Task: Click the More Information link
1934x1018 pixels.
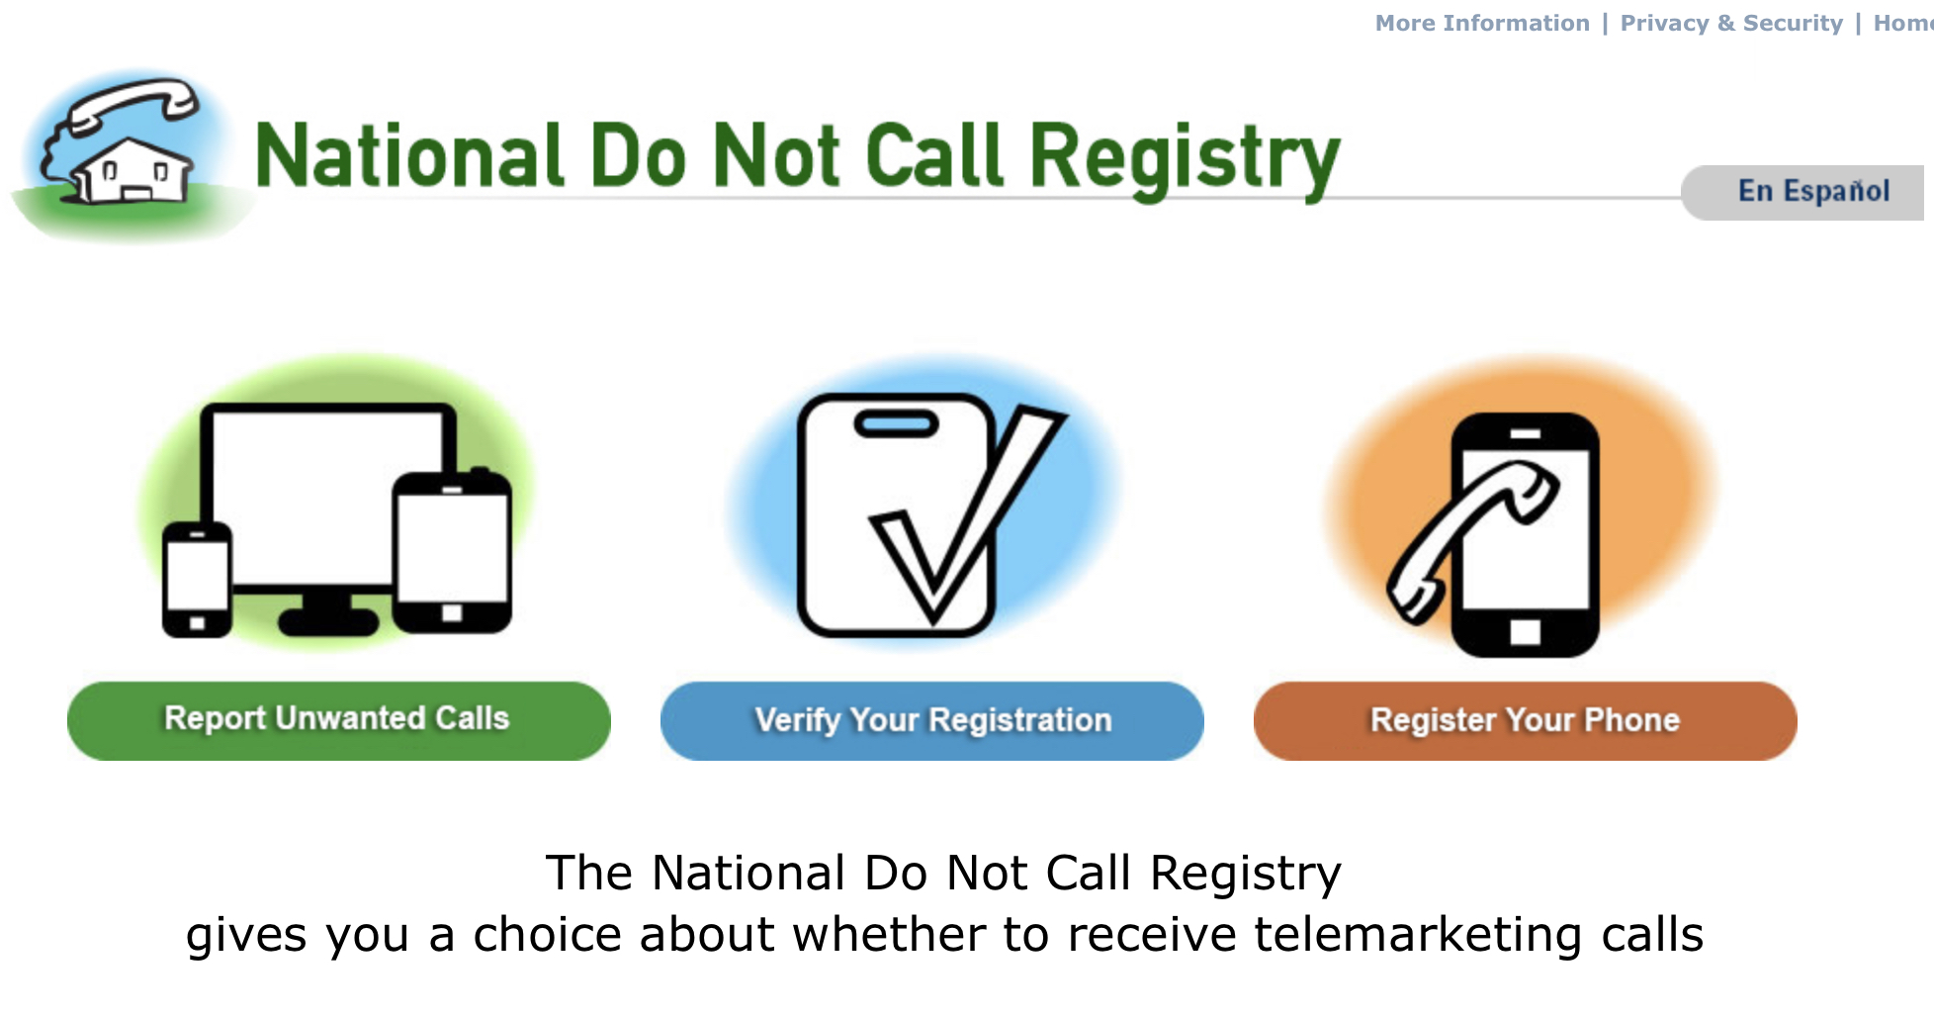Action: coord(1482,23)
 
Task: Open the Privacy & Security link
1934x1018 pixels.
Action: coord(1731,23)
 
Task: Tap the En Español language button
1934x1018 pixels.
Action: coord(1813,191)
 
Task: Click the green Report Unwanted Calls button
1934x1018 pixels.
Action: coord(339,720)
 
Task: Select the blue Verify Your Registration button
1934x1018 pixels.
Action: coord(932,720)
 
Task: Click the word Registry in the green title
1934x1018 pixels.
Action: coord(1185,158)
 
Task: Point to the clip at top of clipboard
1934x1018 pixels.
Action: coord(896,424)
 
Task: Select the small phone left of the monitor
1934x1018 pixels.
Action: coord(198,579)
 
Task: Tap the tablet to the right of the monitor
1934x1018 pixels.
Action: coord(452,552)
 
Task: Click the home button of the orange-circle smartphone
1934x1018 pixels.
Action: coord(1525,632)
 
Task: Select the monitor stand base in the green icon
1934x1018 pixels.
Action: coord(328,621)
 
